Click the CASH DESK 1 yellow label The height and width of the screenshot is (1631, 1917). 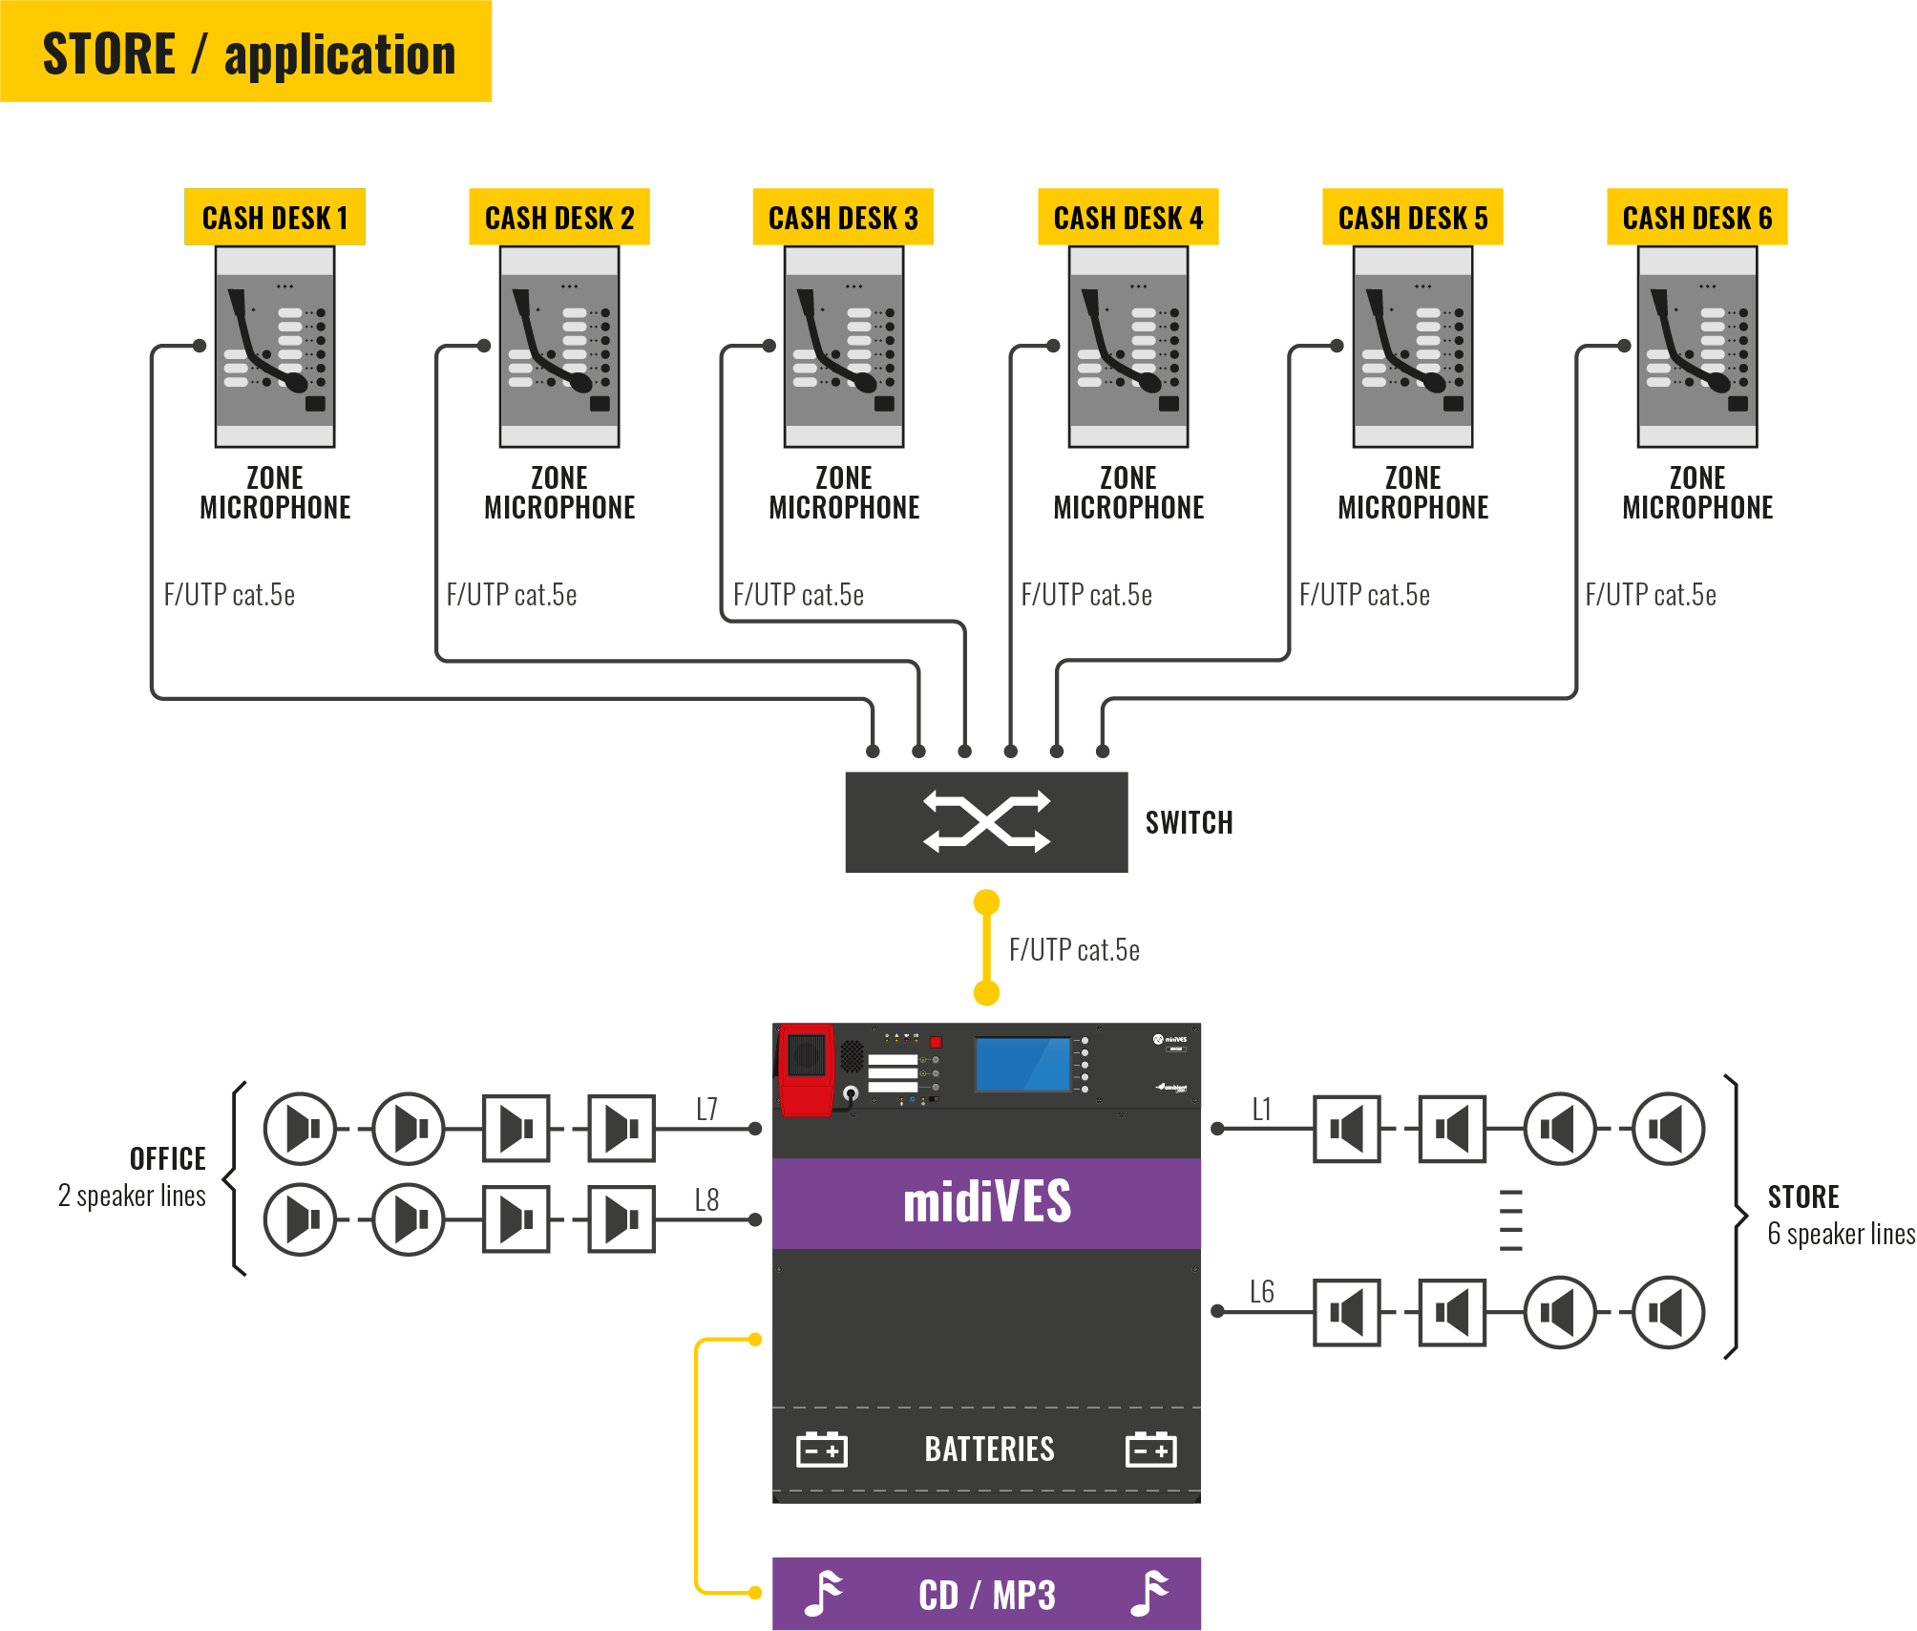274,218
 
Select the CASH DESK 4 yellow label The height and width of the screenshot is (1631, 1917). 1127,218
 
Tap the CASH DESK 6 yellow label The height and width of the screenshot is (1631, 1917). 1696,218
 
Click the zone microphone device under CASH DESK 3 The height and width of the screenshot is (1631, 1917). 844,347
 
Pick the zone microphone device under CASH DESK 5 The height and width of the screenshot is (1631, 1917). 1412,347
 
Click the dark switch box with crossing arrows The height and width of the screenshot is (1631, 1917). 986,821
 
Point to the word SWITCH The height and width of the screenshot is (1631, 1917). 1189,822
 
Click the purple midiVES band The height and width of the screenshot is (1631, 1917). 986,1202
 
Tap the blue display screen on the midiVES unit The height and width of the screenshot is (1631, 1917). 1022,1064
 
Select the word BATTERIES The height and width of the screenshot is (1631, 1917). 989,1450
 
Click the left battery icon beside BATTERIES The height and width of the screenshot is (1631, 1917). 821,1450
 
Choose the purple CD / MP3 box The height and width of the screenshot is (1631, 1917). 986,1594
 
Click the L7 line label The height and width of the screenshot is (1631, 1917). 706,1109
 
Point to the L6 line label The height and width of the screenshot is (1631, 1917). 1261,1292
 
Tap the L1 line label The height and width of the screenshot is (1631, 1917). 1261,1109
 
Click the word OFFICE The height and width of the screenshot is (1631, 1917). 167,1158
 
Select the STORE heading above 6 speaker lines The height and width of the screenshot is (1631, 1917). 1802,1197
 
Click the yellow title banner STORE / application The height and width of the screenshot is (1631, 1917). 246,53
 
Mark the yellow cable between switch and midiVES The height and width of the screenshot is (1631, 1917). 986,947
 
